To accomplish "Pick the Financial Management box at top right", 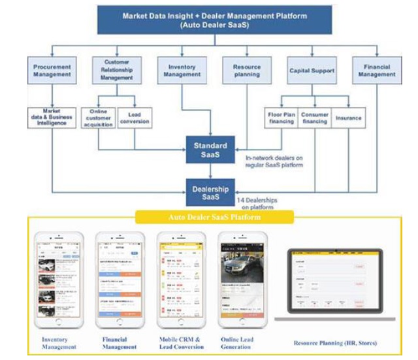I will click(x=376, y=70).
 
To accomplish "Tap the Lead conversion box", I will click(x=135, y=118).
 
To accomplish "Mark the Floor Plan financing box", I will click(x=281, y=118).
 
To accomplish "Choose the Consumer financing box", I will click(x=315, y=118).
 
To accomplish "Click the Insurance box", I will click(x=347, y=118).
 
